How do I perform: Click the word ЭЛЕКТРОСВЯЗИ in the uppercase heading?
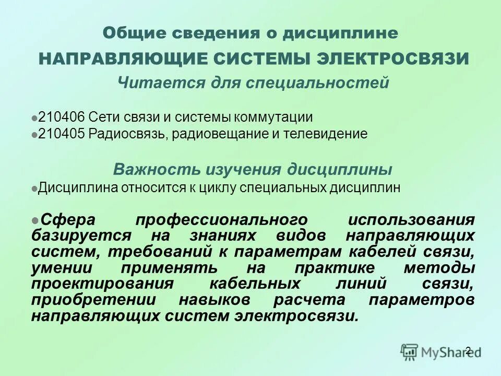[392, 58]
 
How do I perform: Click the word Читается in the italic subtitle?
[149, 83]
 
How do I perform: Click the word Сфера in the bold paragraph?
[62, 219]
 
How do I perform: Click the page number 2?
[468, 350]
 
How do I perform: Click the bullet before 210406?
[34, 118]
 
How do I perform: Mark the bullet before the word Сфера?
[34, 219]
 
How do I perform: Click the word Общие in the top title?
[128, 33]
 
